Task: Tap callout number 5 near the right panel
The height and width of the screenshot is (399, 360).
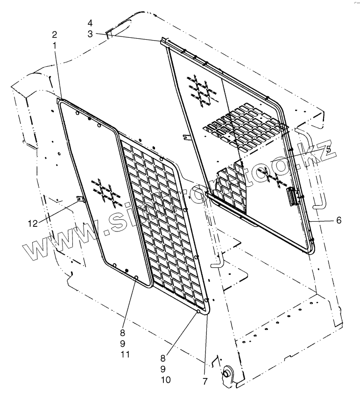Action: point(328,149)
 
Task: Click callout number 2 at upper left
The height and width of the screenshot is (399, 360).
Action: point(55,35)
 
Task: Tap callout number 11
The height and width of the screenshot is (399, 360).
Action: point(124,355)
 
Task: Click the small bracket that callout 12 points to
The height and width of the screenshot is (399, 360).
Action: point(79,200)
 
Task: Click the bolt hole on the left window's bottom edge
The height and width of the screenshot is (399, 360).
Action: point(136,277)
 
